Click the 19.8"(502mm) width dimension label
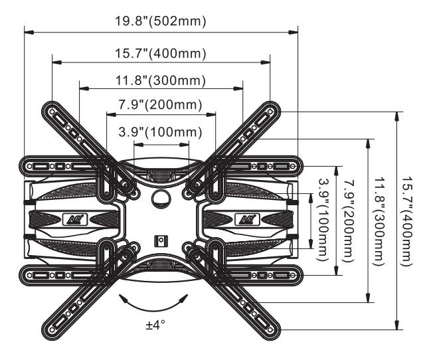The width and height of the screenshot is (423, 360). pyautogui.click(x=160, y=21)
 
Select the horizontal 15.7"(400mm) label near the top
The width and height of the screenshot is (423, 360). pyautogui.click(x=159, y=53)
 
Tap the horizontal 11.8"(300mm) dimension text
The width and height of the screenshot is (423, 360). pyautogui.click(x=160, y=81)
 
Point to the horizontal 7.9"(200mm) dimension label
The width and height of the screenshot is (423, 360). pyautogui.click(x=160, y=106)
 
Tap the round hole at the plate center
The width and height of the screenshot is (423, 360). pyautogui.click(x=161, y=198)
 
